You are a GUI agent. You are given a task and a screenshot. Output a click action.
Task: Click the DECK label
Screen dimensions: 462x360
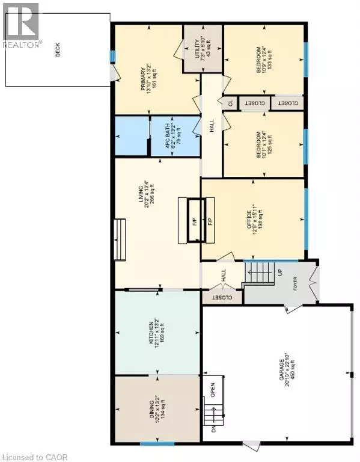[58, 52]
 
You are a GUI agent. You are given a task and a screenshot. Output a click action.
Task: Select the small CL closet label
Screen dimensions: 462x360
[230, 103]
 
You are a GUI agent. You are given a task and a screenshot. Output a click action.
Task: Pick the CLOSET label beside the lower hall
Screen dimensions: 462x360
[222, 297]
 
